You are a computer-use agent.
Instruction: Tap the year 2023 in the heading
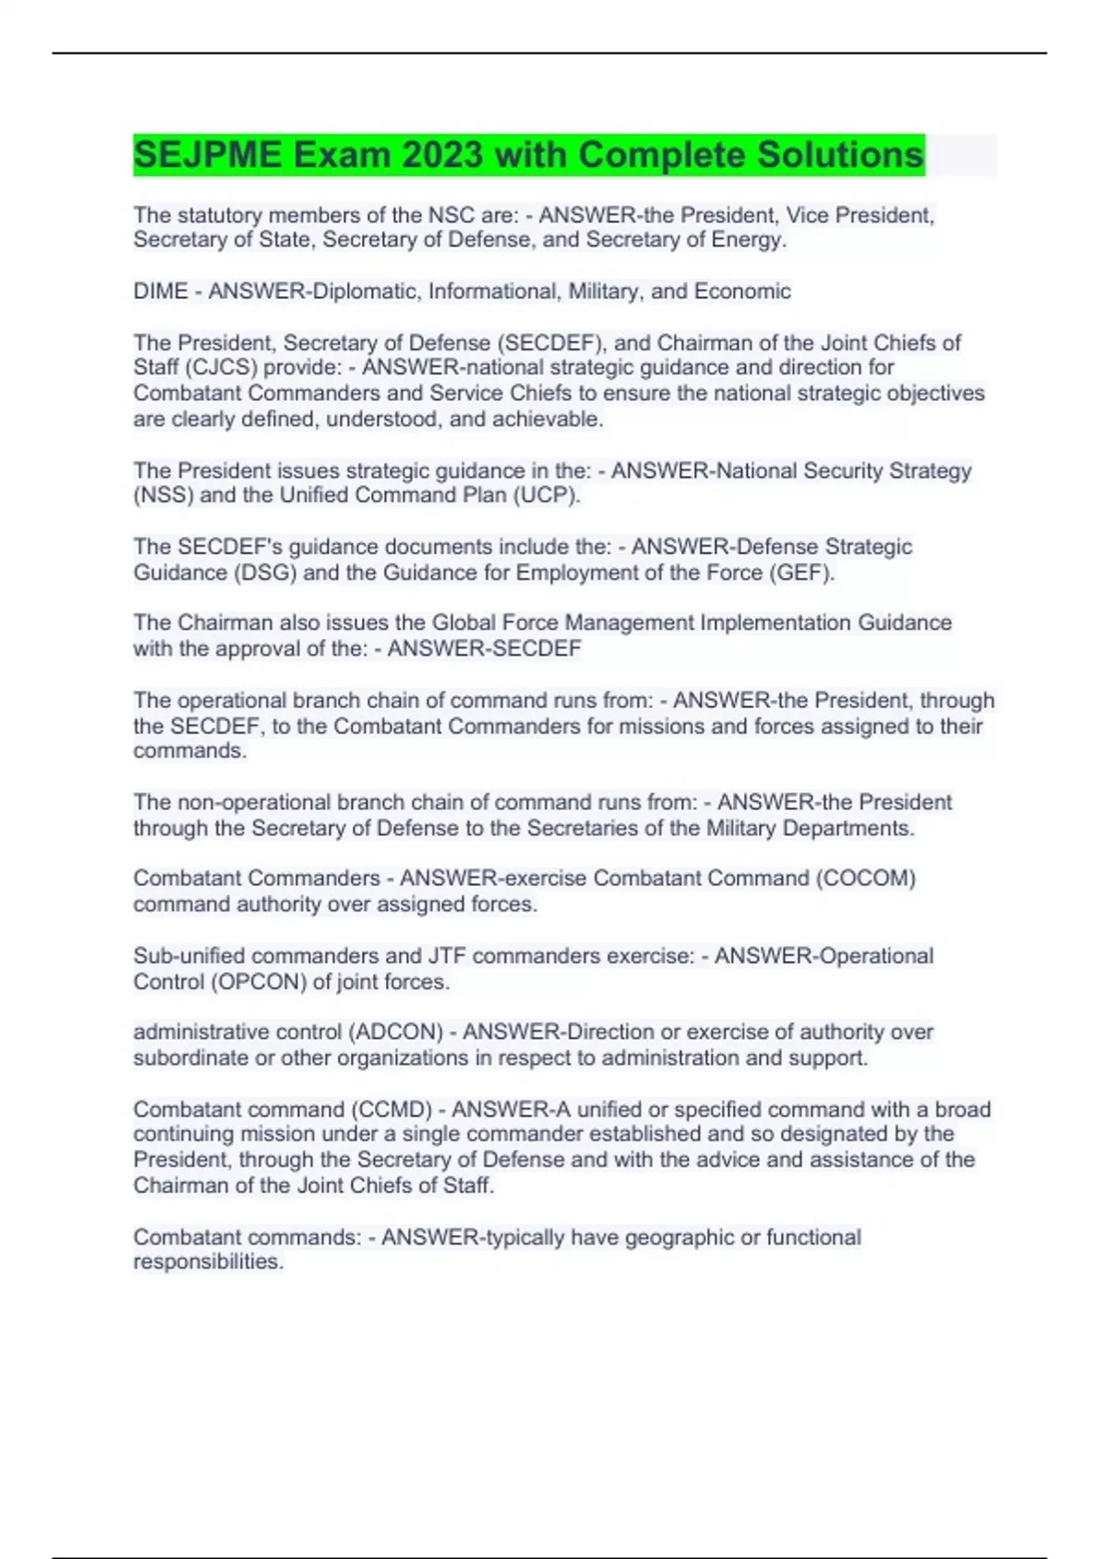click(x=442, y=155)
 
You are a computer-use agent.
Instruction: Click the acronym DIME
click(x=160, y=292)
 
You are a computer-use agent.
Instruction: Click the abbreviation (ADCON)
click(x=396, y=1033)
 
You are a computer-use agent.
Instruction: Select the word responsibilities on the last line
click(x=208, y=1263)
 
